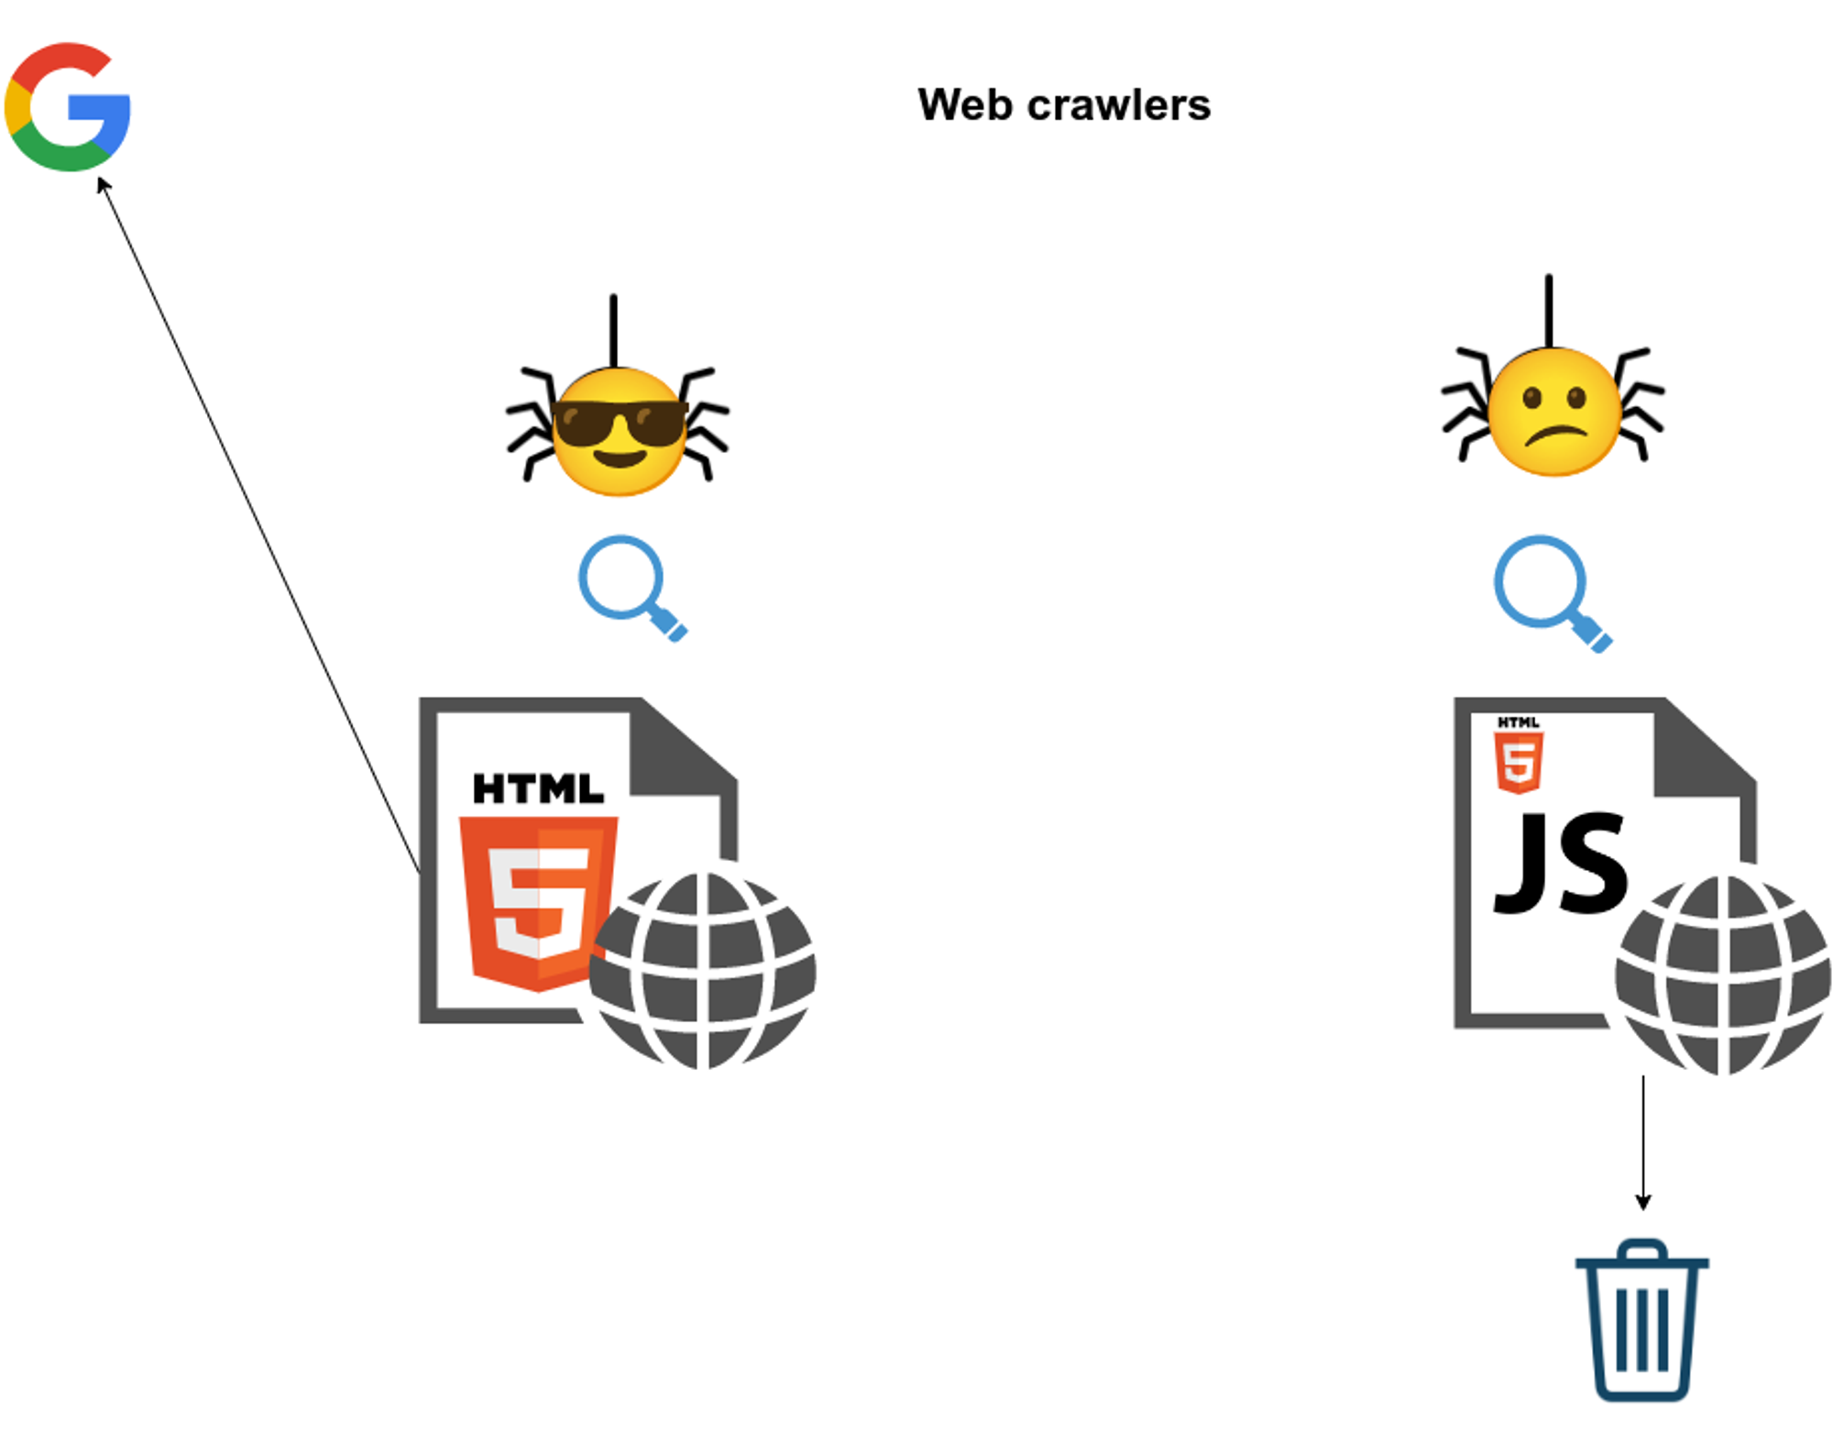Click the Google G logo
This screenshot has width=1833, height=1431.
pyautogui.click(x=67, y=106)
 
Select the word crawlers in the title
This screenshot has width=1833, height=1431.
pyautogui.click(x=1119, y=105)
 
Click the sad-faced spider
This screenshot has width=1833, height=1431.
pyautogui.click(x=1553, y=411)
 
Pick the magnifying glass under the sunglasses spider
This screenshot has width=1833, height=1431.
pyautogui.click(x=628, y=585)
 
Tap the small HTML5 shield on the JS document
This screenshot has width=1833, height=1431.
pyautogui.click(x=1519, y=762)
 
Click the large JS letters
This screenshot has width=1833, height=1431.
pyautogui.click(x=1561, y=864)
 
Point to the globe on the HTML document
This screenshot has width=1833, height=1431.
pyautogui.click(x=702, y=971)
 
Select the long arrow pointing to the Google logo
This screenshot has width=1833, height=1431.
pyautogui.click(x=257, y=523)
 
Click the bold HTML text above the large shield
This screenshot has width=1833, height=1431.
pyautogui.click(x=538, y=788)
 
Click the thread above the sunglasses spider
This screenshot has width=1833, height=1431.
pyautogui.click(x=613, y=330)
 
